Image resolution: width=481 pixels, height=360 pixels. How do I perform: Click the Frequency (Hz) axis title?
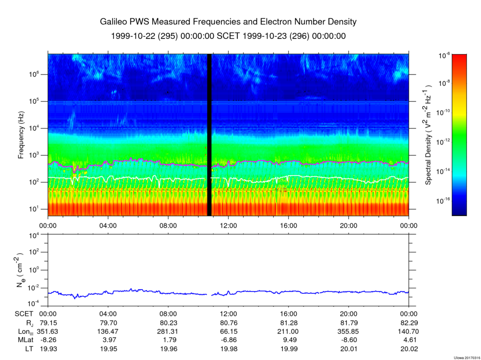[21, 135]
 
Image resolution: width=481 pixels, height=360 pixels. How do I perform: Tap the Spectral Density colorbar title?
[428, 134]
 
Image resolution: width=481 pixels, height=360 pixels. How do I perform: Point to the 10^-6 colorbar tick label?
[444, 56]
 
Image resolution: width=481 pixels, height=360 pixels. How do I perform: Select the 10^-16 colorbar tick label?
[443, 201]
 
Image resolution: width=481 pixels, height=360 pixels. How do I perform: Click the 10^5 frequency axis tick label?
[35, 101]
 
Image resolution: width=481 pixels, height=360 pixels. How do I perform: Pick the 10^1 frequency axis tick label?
[35, 209]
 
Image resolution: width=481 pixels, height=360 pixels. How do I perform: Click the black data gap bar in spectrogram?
[209, 135]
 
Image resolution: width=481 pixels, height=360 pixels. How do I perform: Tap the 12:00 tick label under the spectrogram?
[229, 226]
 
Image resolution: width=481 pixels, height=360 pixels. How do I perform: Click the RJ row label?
[30, 323]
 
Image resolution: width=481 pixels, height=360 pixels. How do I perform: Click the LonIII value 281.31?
[169, 331]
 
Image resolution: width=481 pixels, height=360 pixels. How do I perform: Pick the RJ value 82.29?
[409, 323]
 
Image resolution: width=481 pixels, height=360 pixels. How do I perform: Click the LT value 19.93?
[48, 349]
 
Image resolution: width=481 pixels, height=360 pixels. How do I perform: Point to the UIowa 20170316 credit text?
[467, 358]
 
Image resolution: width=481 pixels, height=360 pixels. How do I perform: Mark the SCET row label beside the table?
[24, 314]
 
